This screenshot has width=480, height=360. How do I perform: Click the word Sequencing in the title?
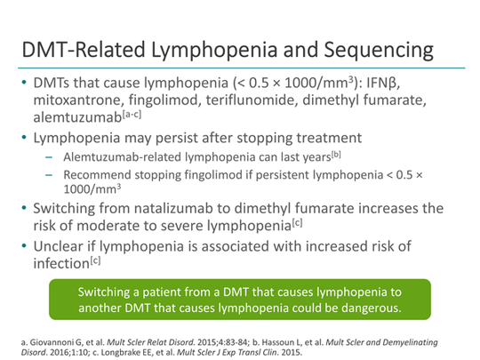pyautogui.click(x=379, y=51)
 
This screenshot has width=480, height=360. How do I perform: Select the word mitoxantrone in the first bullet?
pyautogui.click(x=78, y=100)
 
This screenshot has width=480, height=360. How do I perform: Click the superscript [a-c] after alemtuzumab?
pyautogui.click(x=132, y=115)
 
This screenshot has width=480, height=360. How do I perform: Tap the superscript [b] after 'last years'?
pyautogui.click(x=336, y=155)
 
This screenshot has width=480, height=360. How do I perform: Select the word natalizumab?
pyautogui.click(x=173, y=208)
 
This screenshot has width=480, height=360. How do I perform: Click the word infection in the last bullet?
pyautogui.click(x=61, y=263)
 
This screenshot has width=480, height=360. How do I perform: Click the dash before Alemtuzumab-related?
pyautogui.click(x=49, y=157)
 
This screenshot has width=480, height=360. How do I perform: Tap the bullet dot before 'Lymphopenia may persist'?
pyautogui.click(x=24, y=138)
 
